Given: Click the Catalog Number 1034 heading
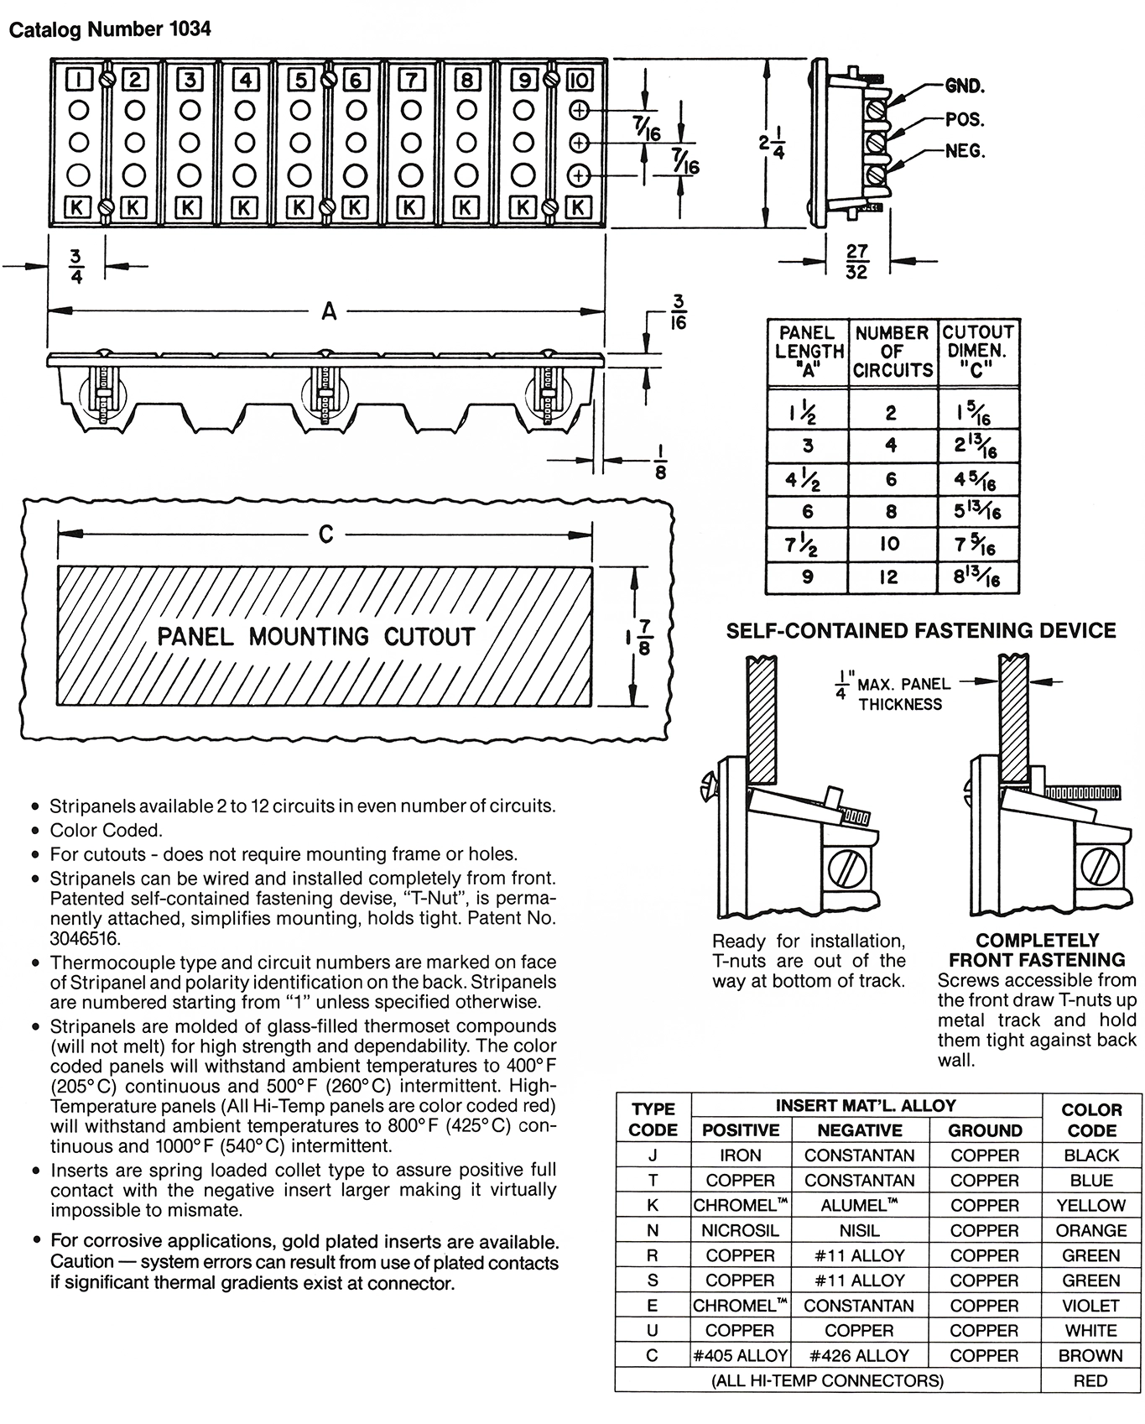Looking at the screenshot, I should click(x=109, y=29).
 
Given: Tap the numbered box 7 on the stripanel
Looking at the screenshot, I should click(x=411, y=80).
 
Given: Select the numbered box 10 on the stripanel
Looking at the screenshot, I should click(x=580, y=80).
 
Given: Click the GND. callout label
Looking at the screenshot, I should click(x=965, y=86).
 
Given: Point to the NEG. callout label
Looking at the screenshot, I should click(x=965, y=151).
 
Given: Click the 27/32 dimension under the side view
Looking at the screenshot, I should click(x=856, y=261).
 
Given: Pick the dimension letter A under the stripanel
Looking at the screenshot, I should click(x=329, y=311).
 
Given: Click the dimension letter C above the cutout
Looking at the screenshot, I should click(x=326, y=535).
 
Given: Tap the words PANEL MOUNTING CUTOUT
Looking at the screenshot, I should click(x=316, y=636).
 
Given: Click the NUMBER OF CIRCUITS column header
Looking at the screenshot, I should click(x=893, y=352).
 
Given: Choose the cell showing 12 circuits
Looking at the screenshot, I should click(x=890, y=577).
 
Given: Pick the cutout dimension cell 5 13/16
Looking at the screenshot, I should click(x=976, y=512).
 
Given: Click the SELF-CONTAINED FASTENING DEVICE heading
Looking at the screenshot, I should click(x=920, y=631).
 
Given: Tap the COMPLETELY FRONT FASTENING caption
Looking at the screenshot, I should click(x=1037, y=950).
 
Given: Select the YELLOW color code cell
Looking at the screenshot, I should click(x=1090, y=1206).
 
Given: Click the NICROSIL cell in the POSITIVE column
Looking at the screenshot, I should click(x=740, y=1231).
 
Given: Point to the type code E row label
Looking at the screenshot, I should click(x=653, y=1306).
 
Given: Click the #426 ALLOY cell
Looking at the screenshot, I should click(x=859, y=1356).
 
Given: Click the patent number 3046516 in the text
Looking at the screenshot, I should click(x=85, y=938).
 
